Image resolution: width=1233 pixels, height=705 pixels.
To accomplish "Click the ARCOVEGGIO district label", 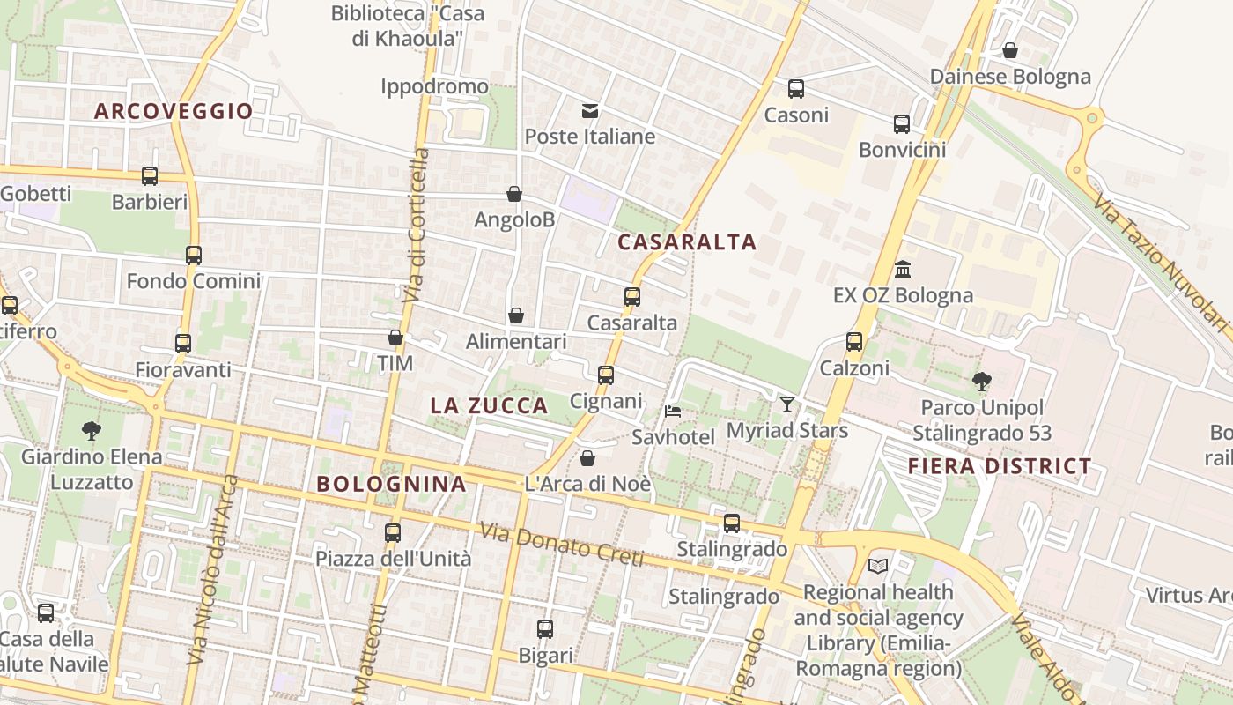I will coord(174,111).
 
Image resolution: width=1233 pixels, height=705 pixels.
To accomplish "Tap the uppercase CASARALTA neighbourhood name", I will coord(687,241).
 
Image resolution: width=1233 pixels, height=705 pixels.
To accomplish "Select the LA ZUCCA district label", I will coord(489,405).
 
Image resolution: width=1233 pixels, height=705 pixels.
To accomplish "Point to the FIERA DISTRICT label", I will coord(1000,466).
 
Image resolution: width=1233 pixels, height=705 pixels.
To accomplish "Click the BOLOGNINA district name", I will coord(391,483).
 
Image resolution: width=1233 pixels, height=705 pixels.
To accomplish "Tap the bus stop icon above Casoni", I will coord(796,89).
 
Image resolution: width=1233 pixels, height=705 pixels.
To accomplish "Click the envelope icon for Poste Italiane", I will coord(590,111).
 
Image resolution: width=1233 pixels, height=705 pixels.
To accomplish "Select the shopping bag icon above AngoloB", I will coord(514,194).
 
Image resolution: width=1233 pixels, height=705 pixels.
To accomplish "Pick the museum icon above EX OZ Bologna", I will coord(903,269).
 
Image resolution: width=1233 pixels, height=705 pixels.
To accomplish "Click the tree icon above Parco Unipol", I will coord(982,382).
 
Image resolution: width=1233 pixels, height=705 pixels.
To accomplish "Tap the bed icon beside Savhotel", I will coord(673,411).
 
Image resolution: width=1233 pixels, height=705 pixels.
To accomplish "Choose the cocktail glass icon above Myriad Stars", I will coord(786,404).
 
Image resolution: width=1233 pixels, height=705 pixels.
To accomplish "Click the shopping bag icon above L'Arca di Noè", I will coord(587,458).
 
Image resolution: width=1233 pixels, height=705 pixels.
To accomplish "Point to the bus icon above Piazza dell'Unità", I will coord(393,532).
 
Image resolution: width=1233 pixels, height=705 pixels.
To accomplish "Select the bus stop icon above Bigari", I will coord(545,629).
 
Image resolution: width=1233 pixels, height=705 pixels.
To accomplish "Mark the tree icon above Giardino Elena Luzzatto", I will coord(91,431).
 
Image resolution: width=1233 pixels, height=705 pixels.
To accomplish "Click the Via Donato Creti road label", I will coord(562,545).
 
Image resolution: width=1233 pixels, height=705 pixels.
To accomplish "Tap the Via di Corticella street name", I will coord(417,225).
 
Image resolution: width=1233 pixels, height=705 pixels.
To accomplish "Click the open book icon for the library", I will coord(878,566).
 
